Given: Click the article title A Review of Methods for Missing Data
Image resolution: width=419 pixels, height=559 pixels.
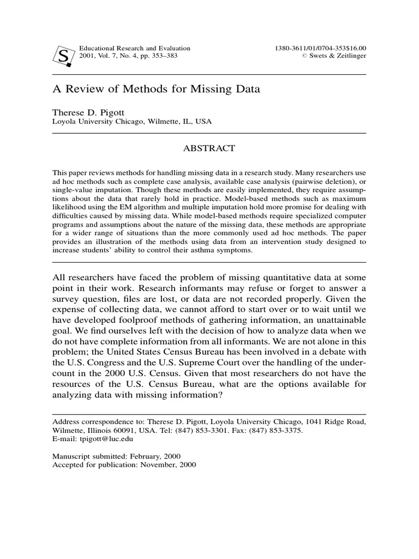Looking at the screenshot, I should tap(155, 89).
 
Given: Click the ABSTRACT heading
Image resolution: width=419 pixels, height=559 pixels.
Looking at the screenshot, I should tap(209, 148).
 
